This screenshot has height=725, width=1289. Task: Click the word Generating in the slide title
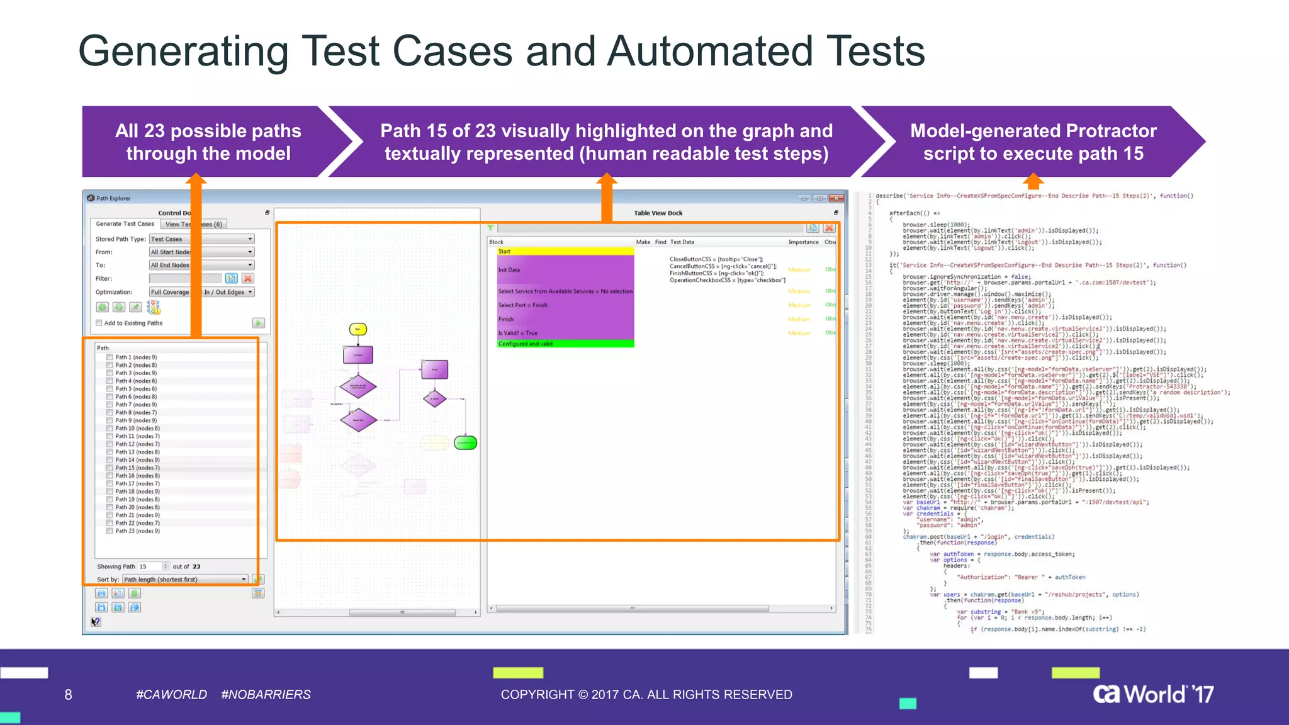pyautogui.click(x=183, y=52)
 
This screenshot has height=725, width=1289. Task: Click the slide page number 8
pyautogui.click(x=68, y=695)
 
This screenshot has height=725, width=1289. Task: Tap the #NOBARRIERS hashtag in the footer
pyautogui.click(x=266, y=695)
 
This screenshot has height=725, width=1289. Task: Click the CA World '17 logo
pyautogui.click(x=1153, y=694)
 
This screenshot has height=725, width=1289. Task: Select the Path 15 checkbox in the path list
pyautogui.click(x=110, y=468)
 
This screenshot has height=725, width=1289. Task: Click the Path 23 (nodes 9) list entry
pyautogui.click(x=137, y=531)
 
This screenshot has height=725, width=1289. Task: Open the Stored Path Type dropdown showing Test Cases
pyautogui.click(x=201, y=239)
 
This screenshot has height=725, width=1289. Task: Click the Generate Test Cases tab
pyautogui.click(x=125, y=224)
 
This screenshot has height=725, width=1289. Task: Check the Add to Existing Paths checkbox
pyautogui.click(x=99, y=323)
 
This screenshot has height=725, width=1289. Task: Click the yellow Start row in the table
pyautogui.click(x=565, y=252)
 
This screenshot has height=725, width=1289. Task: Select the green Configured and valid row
pyautogui.click(x=565, y=344)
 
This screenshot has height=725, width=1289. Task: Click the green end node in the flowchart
pyautogui.click(x=465, y=443)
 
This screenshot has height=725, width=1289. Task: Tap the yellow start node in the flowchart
pyautogui.click(x=357, y=329)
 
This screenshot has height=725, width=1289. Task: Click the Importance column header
pyautogui.click(x=803, y=242)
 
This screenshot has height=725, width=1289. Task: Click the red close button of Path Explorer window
pyautogui.click(x=836, y=198)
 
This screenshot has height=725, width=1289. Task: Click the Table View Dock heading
pyautogui.click(x=658, y=213)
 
